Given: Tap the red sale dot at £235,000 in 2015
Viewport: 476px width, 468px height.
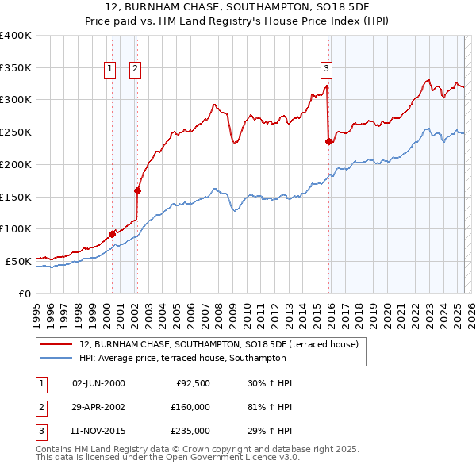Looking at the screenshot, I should pos(328,142).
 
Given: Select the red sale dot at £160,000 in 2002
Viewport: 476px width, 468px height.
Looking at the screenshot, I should pos(137,190).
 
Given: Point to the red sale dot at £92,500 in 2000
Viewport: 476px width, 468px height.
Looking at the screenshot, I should pos(112,233).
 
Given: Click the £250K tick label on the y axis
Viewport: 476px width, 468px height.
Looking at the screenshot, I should pos(15,132).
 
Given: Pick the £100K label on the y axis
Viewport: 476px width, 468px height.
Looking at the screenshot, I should pos(15,228).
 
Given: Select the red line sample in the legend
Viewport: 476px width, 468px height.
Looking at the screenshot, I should pos(56,344).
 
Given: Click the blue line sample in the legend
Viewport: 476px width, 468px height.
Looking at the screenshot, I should pos(56,359).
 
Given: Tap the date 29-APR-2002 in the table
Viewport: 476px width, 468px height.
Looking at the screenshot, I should pos(98,407).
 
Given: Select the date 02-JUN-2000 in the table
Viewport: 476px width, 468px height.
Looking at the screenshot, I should pos(98,383).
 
